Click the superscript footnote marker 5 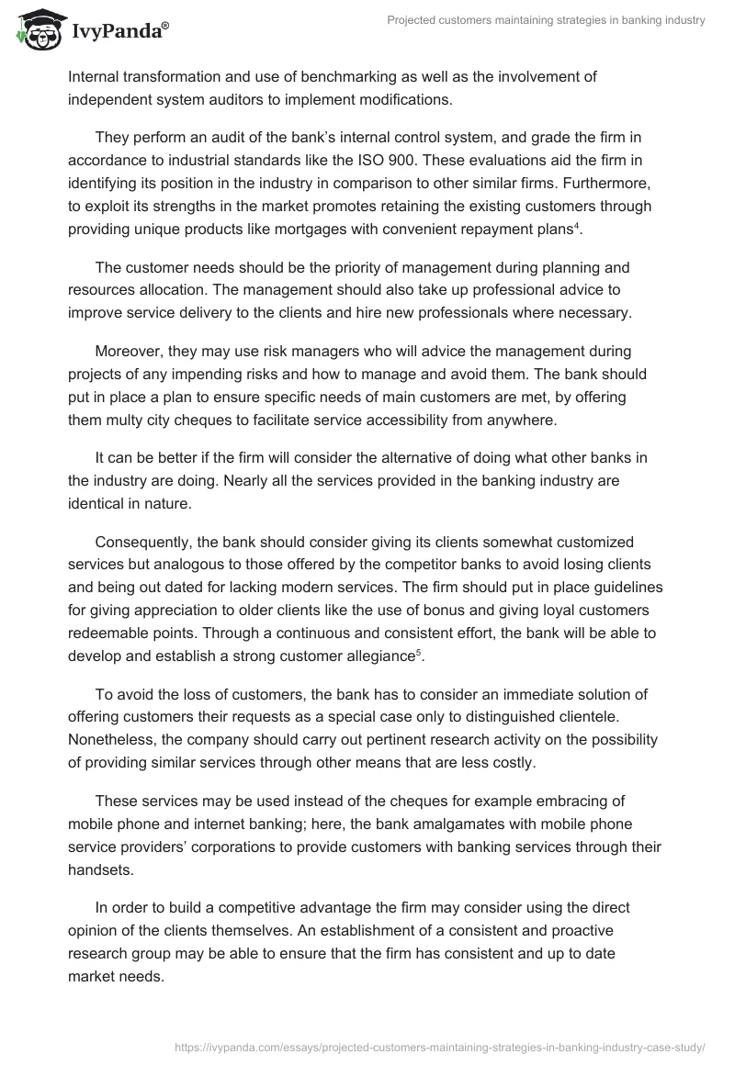tap(419, 652)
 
